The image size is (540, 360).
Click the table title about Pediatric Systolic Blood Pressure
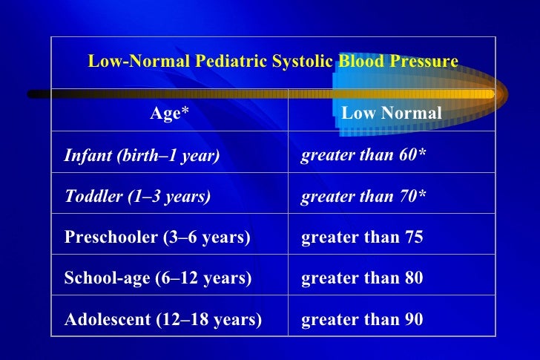273,61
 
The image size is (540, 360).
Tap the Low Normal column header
392,113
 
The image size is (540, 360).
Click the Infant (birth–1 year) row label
142,156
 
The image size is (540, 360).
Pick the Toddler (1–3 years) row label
137,197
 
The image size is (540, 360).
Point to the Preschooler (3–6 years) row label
157,238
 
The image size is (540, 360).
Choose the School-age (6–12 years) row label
158,278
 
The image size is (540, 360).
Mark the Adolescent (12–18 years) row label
163,319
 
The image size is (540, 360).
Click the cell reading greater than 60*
363,155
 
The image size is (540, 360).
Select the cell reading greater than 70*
363,196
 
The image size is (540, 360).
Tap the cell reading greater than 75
361,238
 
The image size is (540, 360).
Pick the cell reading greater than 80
361,278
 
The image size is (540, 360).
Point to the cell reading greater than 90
361,319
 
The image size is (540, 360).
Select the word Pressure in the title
424,61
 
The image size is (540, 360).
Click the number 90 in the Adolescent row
413,319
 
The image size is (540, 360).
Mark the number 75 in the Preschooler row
413,238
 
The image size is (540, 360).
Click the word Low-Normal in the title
139,61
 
